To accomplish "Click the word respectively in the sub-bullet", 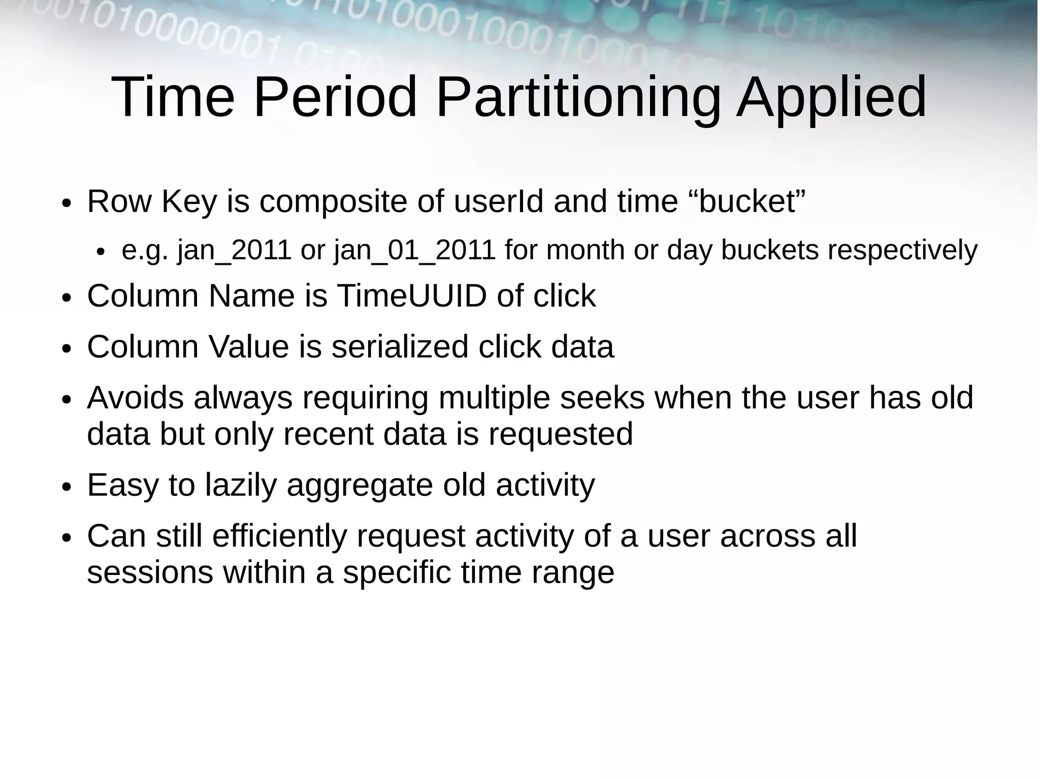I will [x=902, y=250].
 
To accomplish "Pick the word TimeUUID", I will [x=412, y=296].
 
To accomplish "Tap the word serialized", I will [x=400, y=347].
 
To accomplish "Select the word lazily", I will [x=241, y=485].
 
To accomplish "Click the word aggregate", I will [x=360, y=485].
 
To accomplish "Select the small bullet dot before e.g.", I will [x=101, y=252].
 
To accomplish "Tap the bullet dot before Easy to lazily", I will [x=66, y=487].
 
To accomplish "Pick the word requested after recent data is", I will [x=561, y=434].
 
